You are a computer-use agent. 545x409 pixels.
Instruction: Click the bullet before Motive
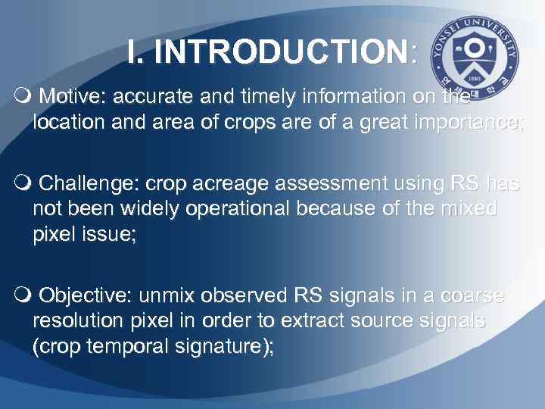click(22, 97)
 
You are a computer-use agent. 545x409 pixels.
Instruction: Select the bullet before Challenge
click(22, 183)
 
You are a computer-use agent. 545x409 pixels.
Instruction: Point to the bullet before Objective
click(22, 294)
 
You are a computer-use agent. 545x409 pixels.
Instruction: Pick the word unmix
click(171, 294)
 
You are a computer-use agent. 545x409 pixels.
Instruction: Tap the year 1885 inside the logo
click(475, 78)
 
